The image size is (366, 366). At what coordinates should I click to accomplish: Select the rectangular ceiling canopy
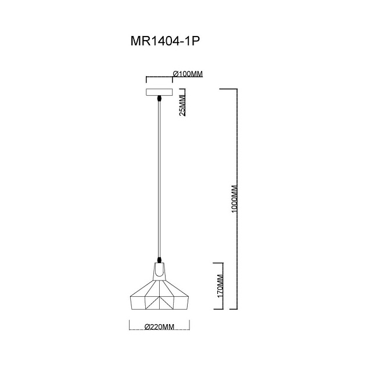pos(159,92)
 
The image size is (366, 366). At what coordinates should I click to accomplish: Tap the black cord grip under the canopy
pos(159,99)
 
